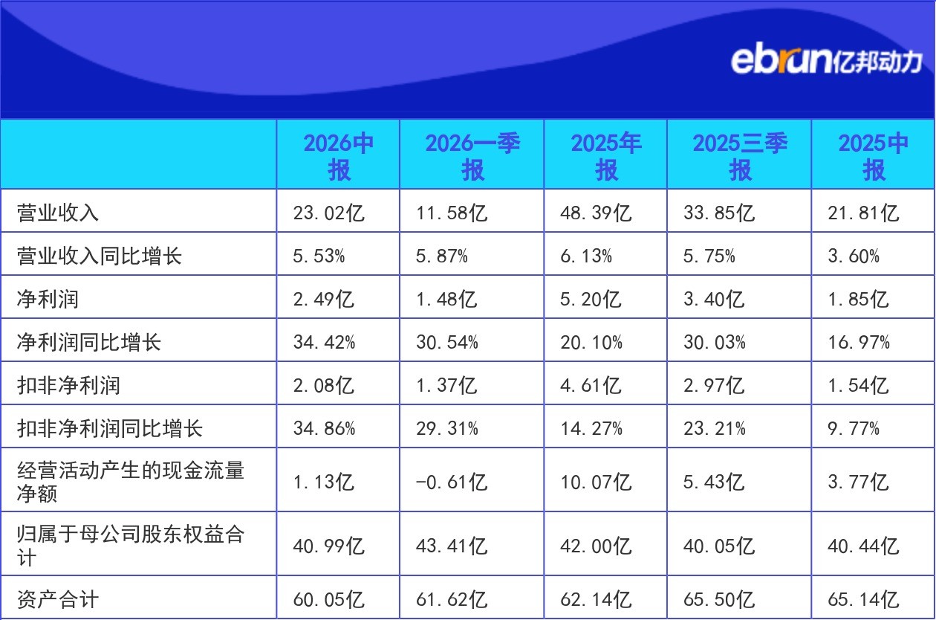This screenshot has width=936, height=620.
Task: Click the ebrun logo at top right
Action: point(826,62)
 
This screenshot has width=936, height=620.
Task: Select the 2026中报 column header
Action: point(339,156)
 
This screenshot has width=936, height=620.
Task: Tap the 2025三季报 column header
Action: point(740,156)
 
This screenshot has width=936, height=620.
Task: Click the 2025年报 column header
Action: point(606,156)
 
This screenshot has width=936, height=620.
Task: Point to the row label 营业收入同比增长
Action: point(100,256)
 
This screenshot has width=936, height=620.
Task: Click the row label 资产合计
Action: point(58,599)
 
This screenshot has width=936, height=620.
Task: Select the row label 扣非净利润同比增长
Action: point(109,428)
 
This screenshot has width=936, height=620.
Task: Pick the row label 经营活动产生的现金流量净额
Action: point(131,482)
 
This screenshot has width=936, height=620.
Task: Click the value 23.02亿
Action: point(328,213)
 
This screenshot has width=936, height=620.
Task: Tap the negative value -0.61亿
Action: point(452,482)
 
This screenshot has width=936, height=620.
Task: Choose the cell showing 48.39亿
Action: point(596,213)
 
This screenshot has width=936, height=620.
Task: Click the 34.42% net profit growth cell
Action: point(324,342)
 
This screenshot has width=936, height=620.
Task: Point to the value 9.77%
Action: point(854,428)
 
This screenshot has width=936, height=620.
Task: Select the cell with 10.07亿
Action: point(596,482)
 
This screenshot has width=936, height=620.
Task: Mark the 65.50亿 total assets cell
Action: point(719,599)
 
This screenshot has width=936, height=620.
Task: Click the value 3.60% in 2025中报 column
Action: point(854,256)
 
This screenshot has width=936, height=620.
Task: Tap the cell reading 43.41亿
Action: point(452,546)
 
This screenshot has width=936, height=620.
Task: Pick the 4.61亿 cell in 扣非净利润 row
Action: point(591,385)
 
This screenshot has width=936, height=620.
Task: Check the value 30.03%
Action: point(715,342)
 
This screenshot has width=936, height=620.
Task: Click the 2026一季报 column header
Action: point(472,156)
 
